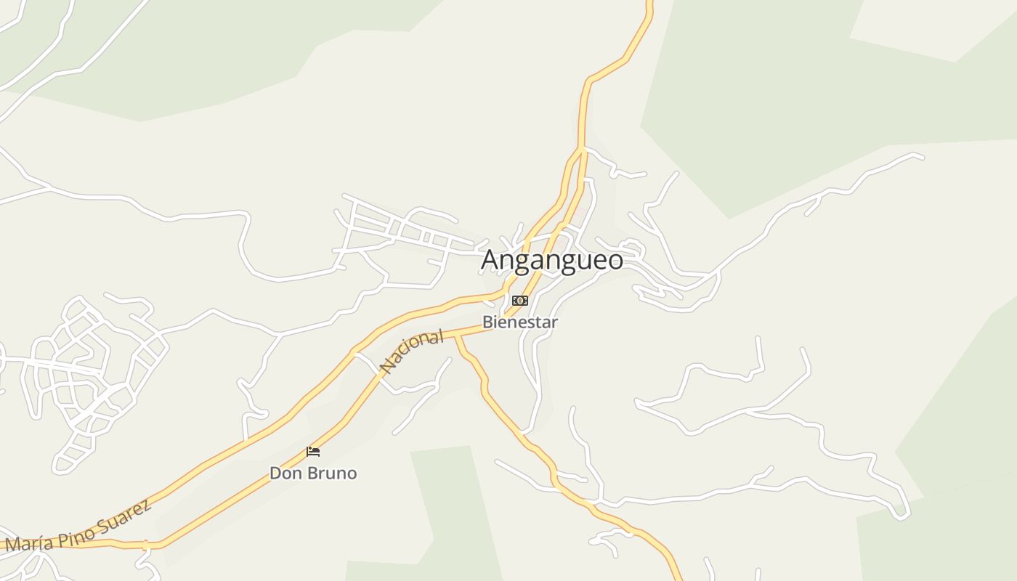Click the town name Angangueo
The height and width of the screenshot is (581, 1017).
[552, 260]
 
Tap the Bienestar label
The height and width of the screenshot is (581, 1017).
[520, 322]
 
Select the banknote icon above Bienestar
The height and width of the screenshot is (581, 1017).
[520, 301]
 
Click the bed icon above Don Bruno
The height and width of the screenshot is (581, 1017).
[313, 452]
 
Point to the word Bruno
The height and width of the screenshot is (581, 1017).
[331, 474]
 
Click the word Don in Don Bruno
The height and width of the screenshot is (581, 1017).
[285, 474]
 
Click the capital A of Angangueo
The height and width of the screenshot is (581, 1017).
[491, 260]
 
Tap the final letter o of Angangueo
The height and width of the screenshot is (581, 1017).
[615, 260]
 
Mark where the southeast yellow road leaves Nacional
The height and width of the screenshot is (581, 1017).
[457, 336]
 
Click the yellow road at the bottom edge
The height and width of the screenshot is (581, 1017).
[678, 574]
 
